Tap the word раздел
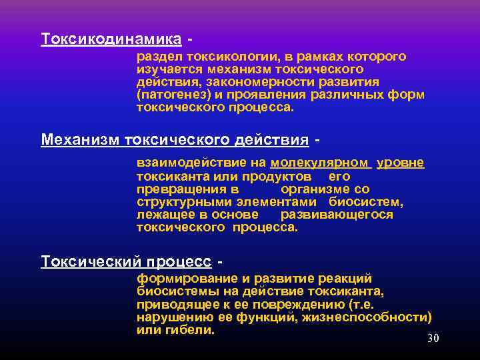(x=159, y=57)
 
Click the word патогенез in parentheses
(x=174, y=94)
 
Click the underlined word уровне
(x=400, y=163)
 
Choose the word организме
(x=315, y=189)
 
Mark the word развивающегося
(x=337, y=215)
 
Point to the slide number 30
(x=433, y=339)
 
